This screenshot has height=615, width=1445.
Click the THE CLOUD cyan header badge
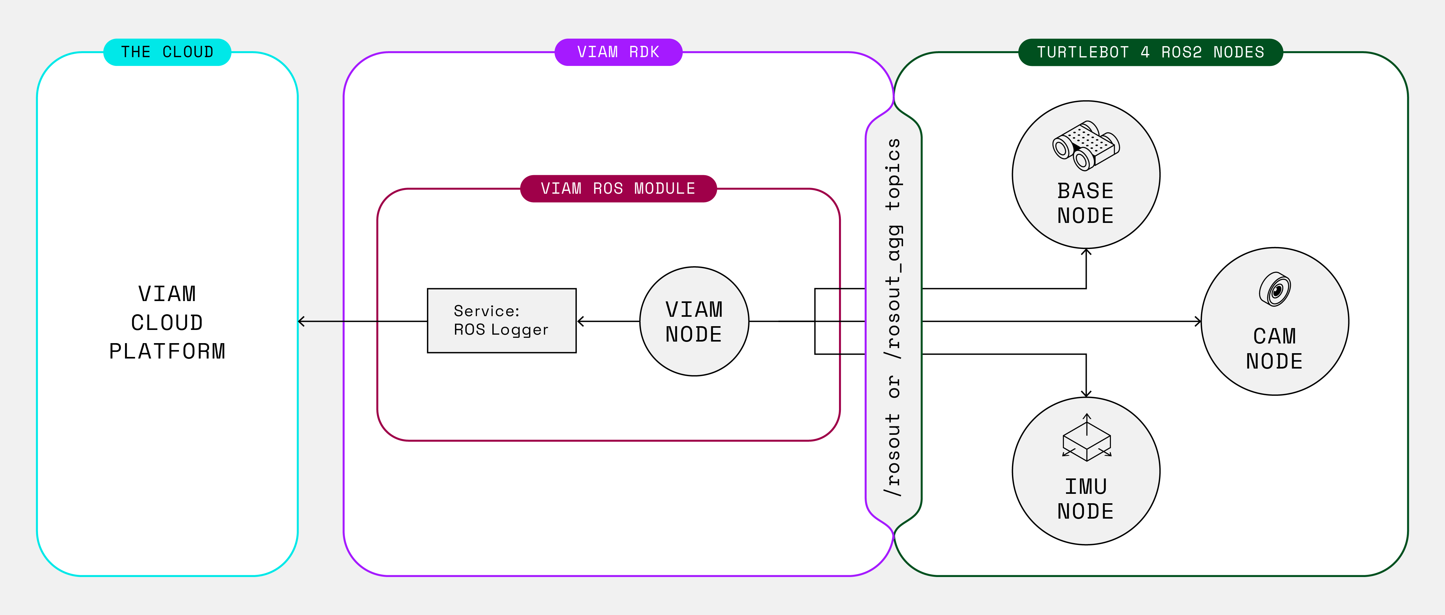[167, 52]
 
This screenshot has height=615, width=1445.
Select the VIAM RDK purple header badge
[618, 52]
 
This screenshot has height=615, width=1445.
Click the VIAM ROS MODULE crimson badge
[618, 188]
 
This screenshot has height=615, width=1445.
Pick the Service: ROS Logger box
[501, 321]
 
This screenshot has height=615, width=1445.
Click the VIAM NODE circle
[694, 321]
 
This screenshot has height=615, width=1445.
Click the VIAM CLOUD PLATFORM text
[167, 322]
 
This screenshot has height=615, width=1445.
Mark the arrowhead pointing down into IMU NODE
[1086, 394]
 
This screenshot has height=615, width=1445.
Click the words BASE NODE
[1085, 203]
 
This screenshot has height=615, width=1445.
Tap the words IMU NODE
[1085, 499]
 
